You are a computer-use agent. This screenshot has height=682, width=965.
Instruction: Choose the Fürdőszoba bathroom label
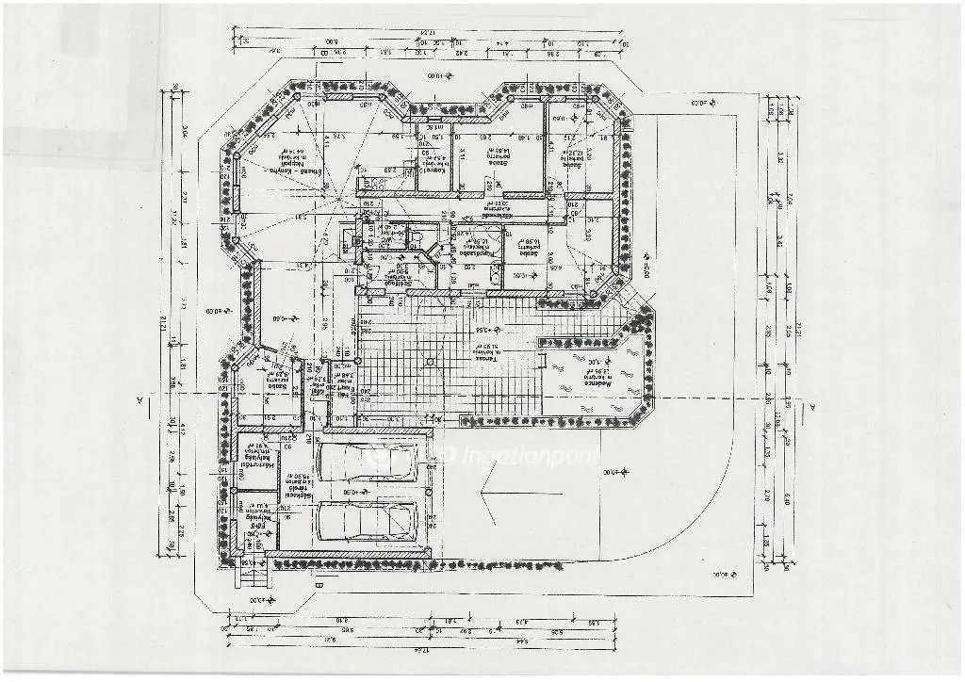tap(477, 247)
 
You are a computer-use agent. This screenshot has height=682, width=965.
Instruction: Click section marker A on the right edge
tap(811, 406)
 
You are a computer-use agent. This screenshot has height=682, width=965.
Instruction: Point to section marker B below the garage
tap(318, 585)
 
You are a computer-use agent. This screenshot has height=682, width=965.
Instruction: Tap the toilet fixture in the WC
tap(416, 237)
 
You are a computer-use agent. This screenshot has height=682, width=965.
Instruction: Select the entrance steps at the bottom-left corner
tap(250, 572)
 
